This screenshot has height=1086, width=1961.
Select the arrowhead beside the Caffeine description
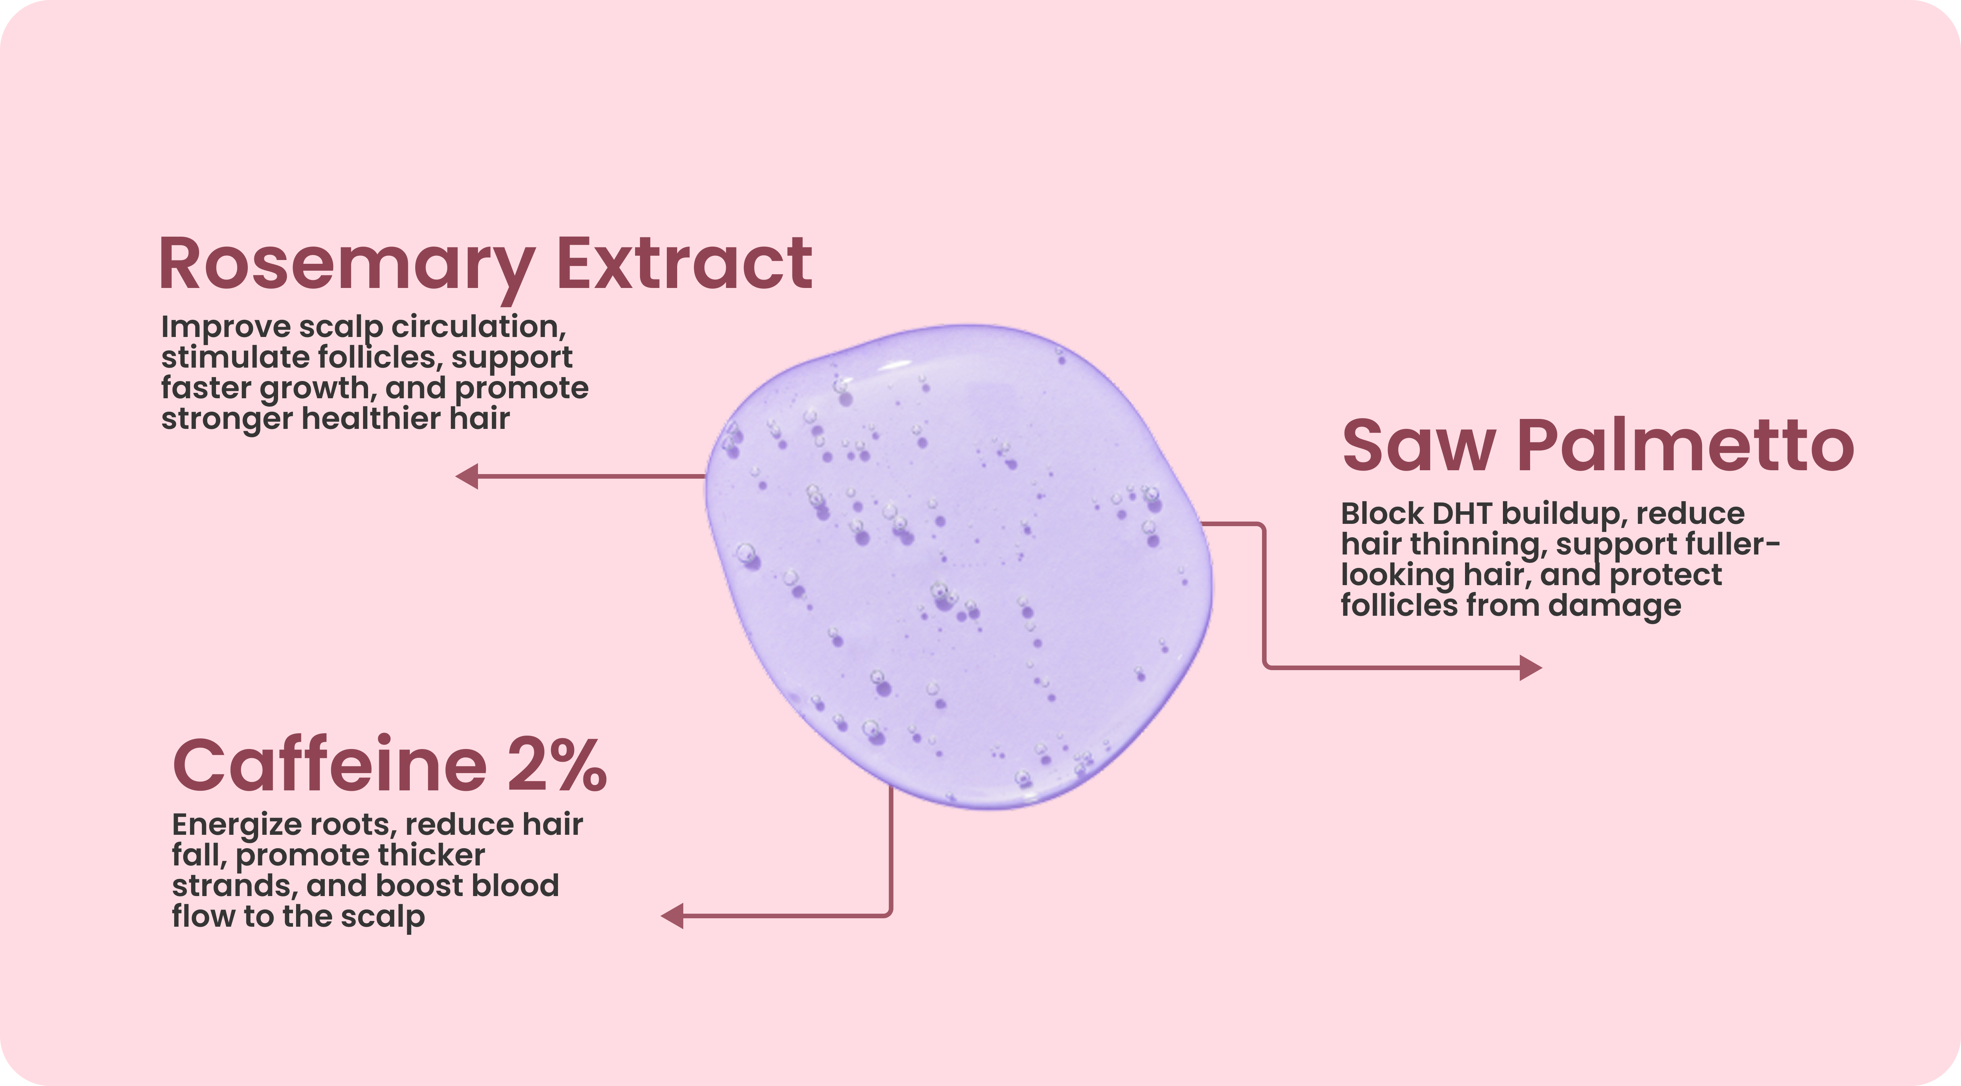[672, 916]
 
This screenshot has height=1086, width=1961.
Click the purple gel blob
[959, 567]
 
